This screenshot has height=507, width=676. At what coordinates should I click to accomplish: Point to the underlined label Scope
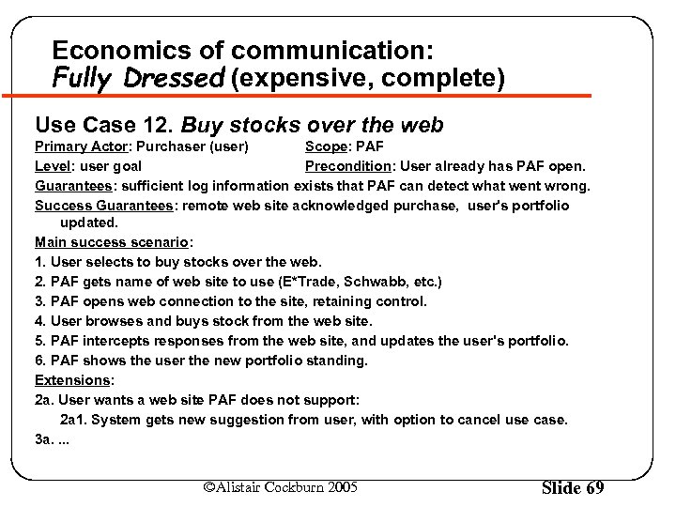[325, 146]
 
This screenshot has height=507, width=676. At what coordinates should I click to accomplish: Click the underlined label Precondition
[346, 166]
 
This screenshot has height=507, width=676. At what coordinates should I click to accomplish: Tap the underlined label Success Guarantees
[104, 205]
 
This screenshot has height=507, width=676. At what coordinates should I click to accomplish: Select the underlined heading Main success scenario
[101, 243]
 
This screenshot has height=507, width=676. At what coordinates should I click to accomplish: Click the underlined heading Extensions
[72, 380]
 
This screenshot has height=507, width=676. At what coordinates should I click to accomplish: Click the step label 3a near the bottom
[43, 438]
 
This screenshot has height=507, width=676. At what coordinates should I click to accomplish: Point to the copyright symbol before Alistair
[209, 487]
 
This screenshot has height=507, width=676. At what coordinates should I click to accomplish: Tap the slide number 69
[594, 488]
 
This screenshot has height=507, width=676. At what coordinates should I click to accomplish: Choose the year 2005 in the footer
[341, 487]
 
